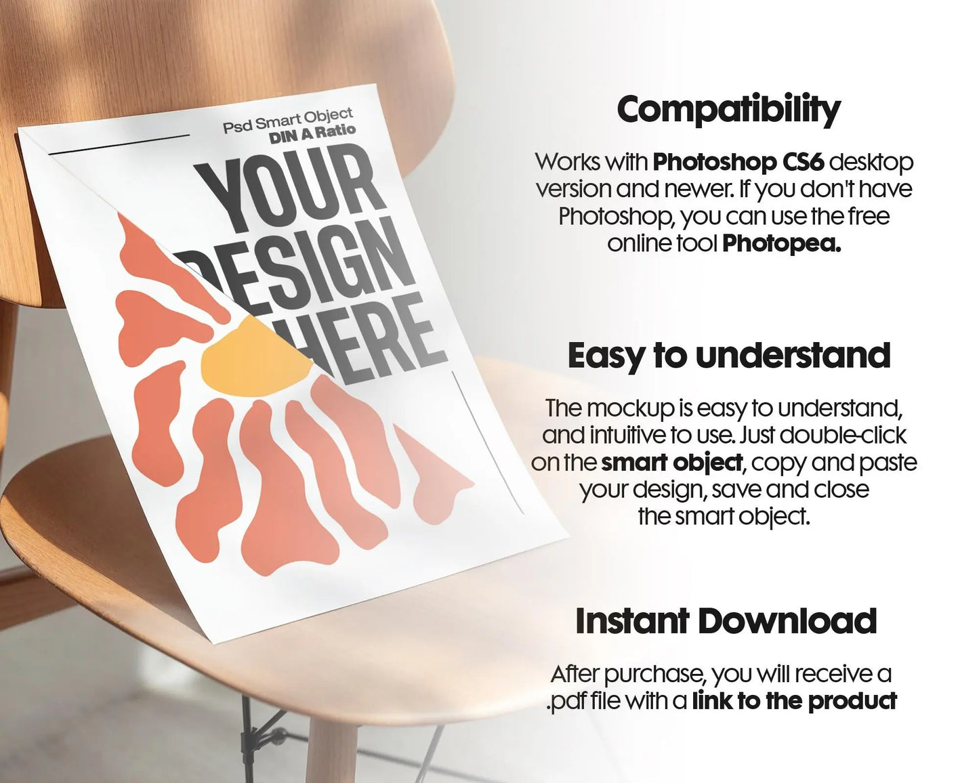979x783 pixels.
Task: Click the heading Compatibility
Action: click(x=728, y=110)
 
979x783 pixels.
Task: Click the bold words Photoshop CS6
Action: click(x=738, y=163)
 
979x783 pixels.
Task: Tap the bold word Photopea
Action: click(x=782, y=244)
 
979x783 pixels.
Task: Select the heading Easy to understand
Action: click(x=729, y=356)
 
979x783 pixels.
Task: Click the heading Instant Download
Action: click(x=726, y=621)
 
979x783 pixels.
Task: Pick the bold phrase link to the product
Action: click(x=794, y=700)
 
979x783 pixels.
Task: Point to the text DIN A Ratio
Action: click(x=312, y=134)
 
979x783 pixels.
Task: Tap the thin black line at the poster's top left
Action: click(x=119, y=144)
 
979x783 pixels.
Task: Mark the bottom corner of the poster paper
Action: click(x=214, y=642)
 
